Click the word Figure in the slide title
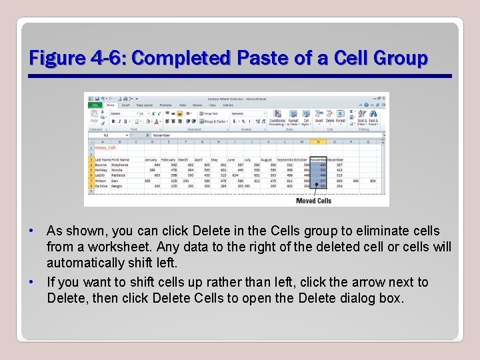pyautogui.click(x=53, y=59)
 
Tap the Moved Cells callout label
pyautogui.click(x=313, y=201)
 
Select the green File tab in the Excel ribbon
pyautogui.click(x=95, y=105)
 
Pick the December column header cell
pyautogui.click(x=336, y=160)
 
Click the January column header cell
pyautogui.click(x=152, y=160)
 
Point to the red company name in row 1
pyautogui.click(x=105, y=147)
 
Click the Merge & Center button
pyautogui.click(x=215, y=121)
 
